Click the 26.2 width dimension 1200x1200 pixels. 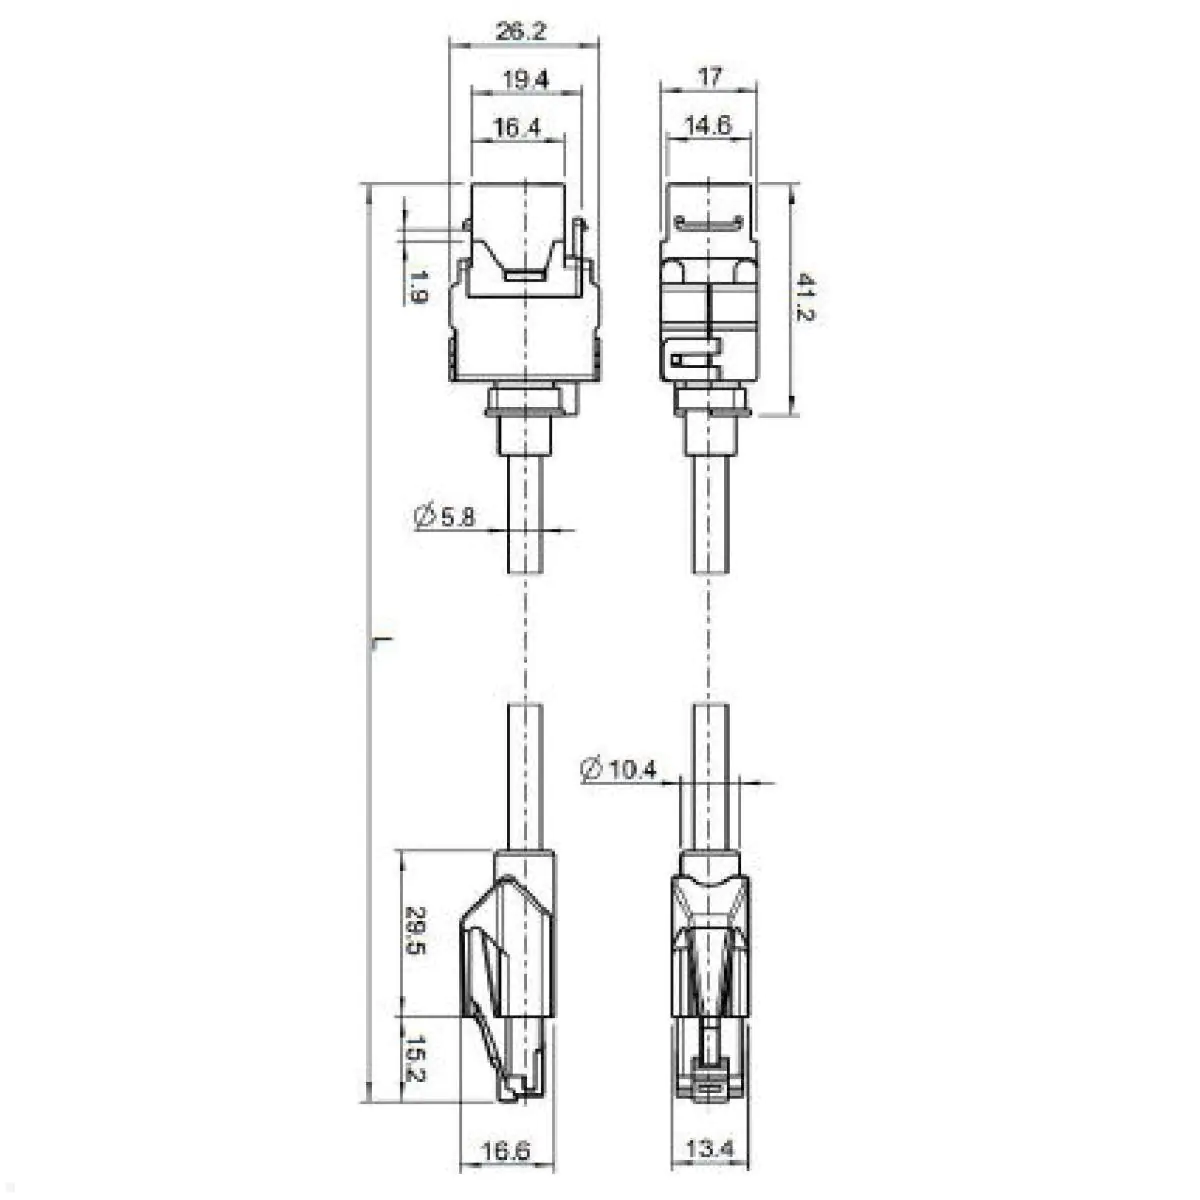coord(520,31)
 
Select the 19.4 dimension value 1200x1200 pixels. coord(525,80)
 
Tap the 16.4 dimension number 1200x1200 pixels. coord(517,128)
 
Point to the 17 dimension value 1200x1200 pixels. coord(709,77)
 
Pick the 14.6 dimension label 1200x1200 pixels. coord(708,125)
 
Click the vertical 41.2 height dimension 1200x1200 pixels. coord(805,299)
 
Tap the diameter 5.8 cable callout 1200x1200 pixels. coord(444,516)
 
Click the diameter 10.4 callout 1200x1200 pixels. coord(618,770)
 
